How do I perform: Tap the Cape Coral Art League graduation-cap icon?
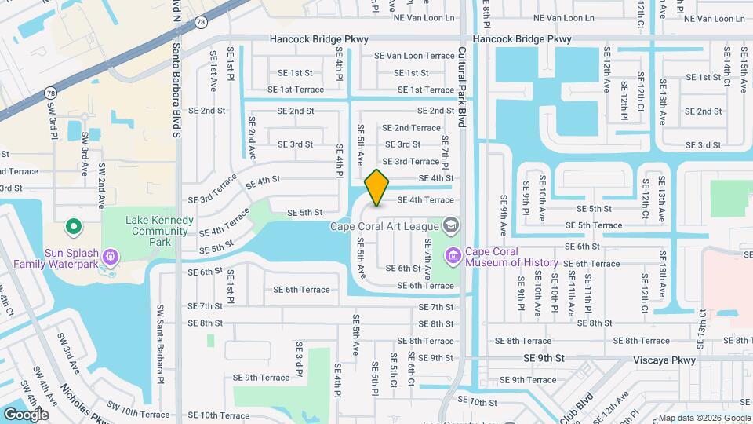(450, 227)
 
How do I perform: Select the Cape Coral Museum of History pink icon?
(453, 255)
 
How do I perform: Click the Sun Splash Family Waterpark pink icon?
(110, 256)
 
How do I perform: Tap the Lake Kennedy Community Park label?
(160, 231)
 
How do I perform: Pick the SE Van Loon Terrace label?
(414, 56)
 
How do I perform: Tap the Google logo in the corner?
(26, 414)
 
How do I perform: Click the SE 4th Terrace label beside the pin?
(425, 200)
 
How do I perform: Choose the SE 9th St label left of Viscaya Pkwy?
(544, 358)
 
